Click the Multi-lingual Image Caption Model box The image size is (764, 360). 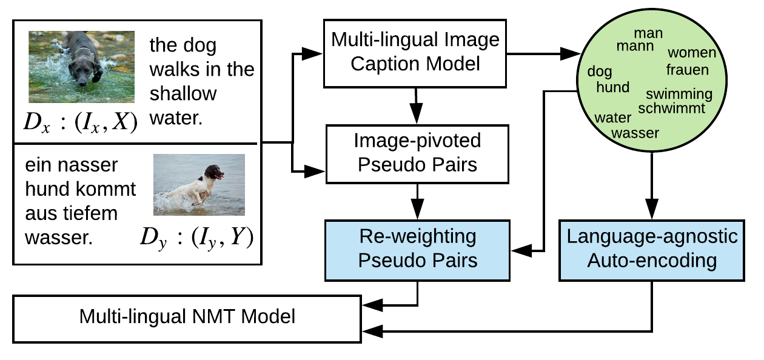click(415, 53)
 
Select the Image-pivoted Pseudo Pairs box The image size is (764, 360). click(417, 154)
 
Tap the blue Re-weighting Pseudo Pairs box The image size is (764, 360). click(417, 250)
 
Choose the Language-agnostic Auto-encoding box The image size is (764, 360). click(651, 250)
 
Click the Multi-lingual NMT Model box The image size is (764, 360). click(187, 319)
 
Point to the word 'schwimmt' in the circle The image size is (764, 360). click(671, 108)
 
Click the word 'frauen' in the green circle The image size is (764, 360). click(687, 70)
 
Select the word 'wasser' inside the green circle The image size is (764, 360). click(635, 133)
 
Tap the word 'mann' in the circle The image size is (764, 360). click(635, 45)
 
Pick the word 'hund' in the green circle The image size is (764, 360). click(612, 87)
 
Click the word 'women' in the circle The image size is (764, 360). click(692, 53)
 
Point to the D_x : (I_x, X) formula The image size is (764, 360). click(81, 122)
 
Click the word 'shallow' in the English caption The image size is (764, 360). click(183, 93)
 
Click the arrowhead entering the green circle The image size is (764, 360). click(570, 53)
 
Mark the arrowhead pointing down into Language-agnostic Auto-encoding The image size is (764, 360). click(651, 208)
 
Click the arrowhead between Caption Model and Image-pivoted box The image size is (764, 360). click(416, 113)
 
